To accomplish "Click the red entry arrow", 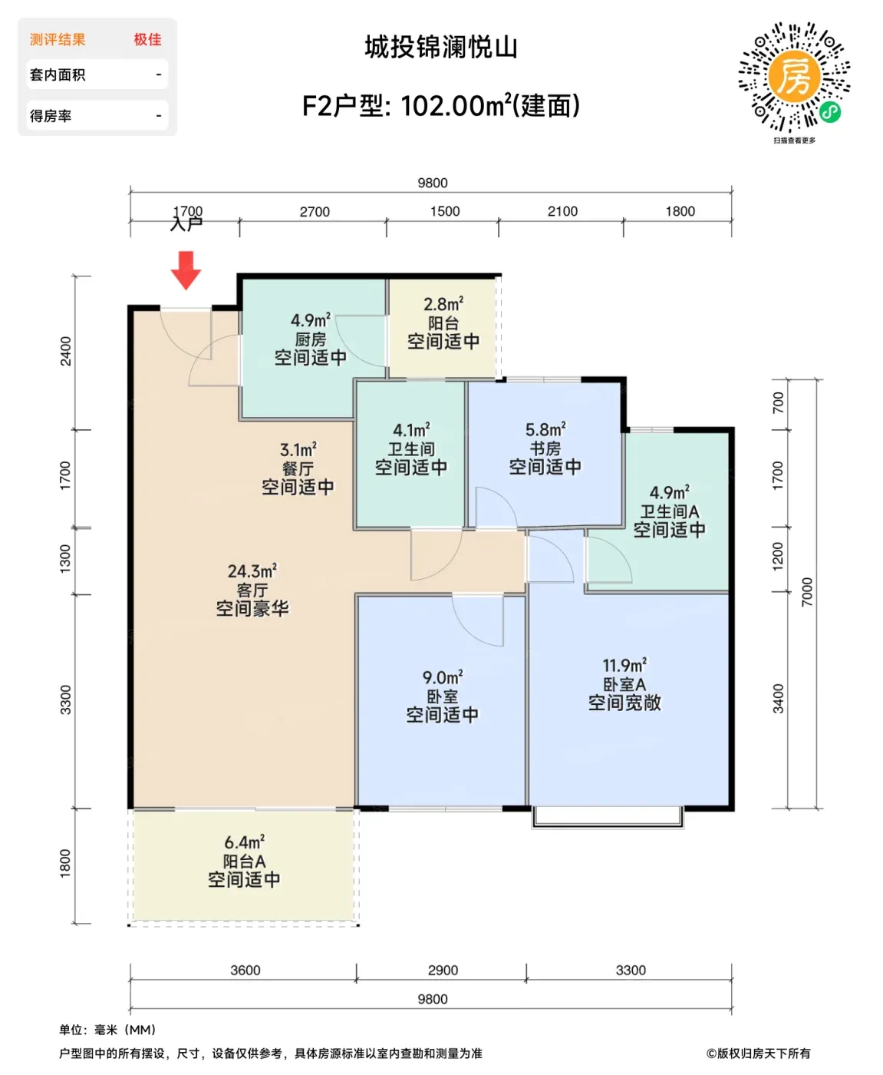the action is point(186,270).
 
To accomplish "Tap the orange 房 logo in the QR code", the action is point(794,77).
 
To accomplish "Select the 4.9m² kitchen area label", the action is point(311,320).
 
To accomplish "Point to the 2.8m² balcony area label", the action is point(443,304).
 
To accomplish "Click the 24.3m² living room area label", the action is point(252,571).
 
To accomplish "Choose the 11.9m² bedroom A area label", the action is point(624,665).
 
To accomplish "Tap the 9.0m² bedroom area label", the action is point(443,677).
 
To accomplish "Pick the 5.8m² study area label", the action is point(545,429).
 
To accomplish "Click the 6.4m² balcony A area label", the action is point(244,842).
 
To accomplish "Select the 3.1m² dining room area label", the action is point(298,449).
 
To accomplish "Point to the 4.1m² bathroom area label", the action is point(411,430).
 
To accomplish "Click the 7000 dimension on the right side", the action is point(807,592).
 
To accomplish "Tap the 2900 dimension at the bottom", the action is point(443,970).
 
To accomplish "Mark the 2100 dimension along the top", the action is point(562,211).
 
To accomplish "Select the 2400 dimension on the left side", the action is point(66,351).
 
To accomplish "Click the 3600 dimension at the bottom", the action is point(245,970).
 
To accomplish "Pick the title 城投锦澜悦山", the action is point(441,48).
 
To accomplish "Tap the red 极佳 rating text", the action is point(147,39).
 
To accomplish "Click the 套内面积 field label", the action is point(58,75).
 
